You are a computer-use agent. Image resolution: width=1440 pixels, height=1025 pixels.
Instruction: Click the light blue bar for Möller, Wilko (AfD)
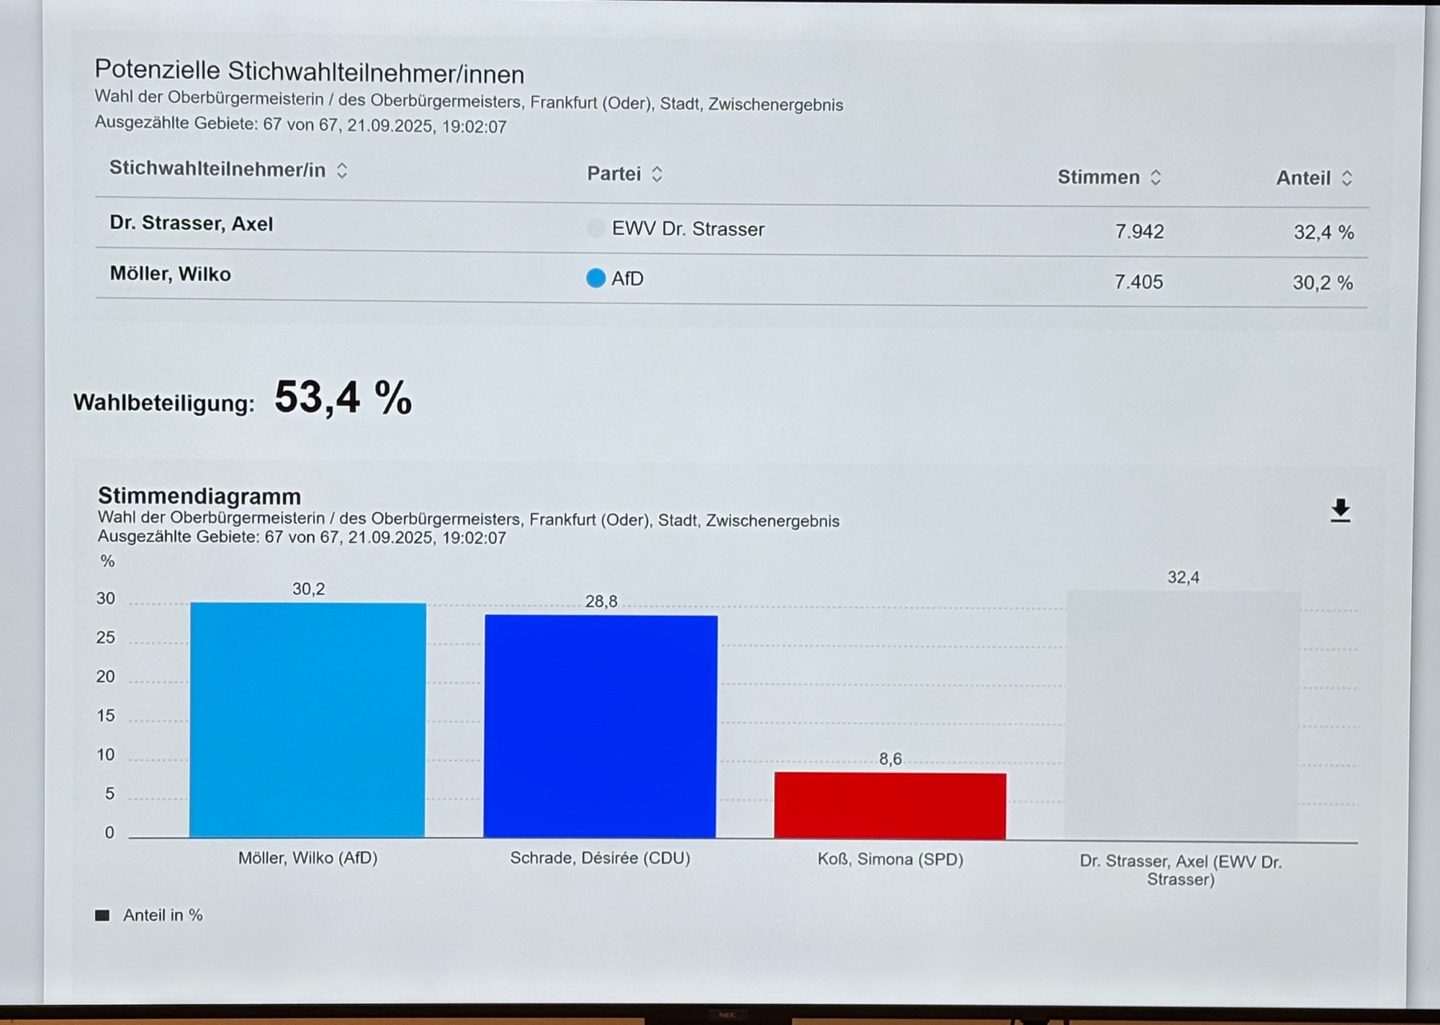(307, 720)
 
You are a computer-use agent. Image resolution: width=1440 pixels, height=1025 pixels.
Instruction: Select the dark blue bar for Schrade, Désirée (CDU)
(600, 726)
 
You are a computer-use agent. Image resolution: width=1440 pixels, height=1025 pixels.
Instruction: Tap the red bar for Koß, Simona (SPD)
(890, 805)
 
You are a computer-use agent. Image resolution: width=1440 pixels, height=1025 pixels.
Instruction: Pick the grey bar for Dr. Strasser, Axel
(1182, 715)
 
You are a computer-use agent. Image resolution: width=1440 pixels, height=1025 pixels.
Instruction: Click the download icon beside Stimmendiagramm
(1340, 511)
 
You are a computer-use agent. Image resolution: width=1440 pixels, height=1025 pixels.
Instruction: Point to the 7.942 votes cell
(1139, 231)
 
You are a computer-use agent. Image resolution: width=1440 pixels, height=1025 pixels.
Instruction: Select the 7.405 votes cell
(1138, 282)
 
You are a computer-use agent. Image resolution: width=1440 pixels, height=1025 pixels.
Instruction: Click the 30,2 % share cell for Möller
(1323, 283)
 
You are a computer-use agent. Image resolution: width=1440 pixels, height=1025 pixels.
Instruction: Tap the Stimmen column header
(1099, 177)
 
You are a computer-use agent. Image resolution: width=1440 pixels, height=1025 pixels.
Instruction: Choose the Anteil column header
(1303, 178)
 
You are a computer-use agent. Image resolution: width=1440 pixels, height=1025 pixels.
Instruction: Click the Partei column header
(614, 174)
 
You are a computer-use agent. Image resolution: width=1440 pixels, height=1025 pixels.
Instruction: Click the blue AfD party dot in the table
(595, 278)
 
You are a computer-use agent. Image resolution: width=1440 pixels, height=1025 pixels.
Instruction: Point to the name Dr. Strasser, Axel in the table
(192, 223)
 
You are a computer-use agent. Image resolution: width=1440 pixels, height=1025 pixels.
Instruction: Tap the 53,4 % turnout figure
(343, 398)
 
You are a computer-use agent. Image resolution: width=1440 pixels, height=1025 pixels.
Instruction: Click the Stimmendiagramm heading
(199, 496)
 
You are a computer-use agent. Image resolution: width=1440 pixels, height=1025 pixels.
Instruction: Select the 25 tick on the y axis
(106, 637)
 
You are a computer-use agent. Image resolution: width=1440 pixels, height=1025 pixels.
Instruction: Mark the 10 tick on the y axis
(106, 754)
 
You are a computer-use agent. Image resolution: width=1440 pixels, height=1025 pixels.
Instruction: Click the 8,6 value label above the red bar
(890, 758)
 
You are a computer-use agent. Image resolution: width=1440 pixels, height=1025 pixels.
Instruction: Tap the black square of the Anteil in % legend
(102, 915)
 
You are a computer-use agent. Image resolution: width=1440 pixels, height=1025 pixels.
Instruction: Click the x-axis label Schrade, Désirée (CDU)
(600, 858)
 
